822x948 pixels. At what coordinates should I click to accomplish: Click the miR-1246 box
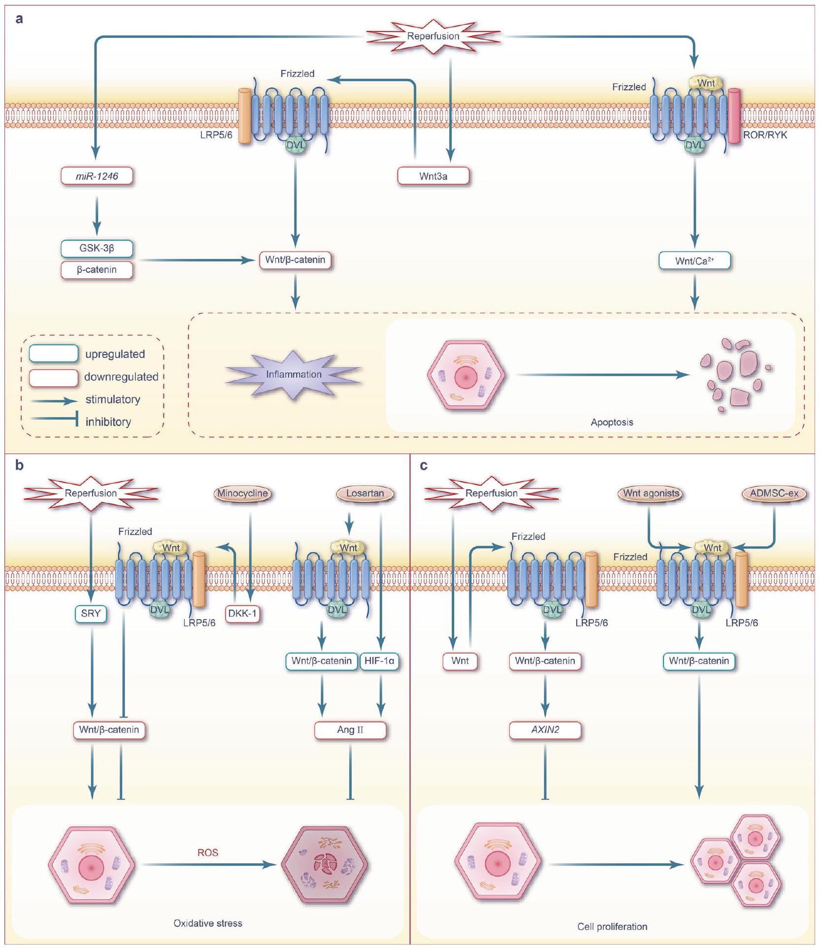coord(97,176)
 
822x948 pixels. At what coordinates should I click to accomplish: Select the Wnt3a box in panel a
coord(433,176)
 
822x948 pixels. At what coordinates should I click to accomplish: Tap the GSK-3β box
coord(97,248)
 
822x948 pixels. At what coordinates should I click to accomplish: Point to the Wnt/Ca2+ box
coord(694,261)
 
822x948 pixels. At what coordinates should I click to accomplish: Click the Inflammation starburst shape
coord(294,375)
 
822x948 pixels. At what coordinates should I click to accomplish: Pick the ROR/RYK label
coord(765,135)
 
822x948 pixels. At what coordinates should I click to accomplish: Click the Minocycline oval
coord(243,493)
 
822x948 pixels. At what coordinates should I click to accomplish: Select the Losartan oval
coord(365,493)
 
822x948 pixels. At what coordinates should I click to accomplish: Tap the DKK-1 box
coord(242,614)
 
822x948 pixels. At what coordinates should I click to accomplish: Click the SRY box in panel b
coord(91,614)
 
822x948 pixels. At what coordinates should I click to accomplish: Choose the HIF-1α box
coord(379,661)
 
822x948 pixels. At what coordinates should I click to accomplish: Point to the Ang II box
coord(350,730)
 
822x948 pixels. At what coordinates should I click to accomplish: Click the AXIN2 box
coord(545,730)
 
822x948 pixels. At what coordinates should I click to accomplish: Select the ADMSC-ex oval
coord(774,493)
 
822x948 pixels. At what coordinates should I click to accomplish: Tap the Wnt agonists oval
coord(651,493)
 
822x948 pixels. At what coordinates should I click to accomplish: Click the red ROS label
coord(208,852)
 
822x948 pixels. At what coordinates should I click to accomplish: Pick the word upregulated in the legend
coord(115,354)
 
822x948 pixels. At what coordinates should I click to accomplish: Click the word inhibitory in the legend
coord(108,422)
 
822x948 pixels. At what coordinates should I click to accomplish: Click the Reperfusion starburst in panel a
coord(433,36)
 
